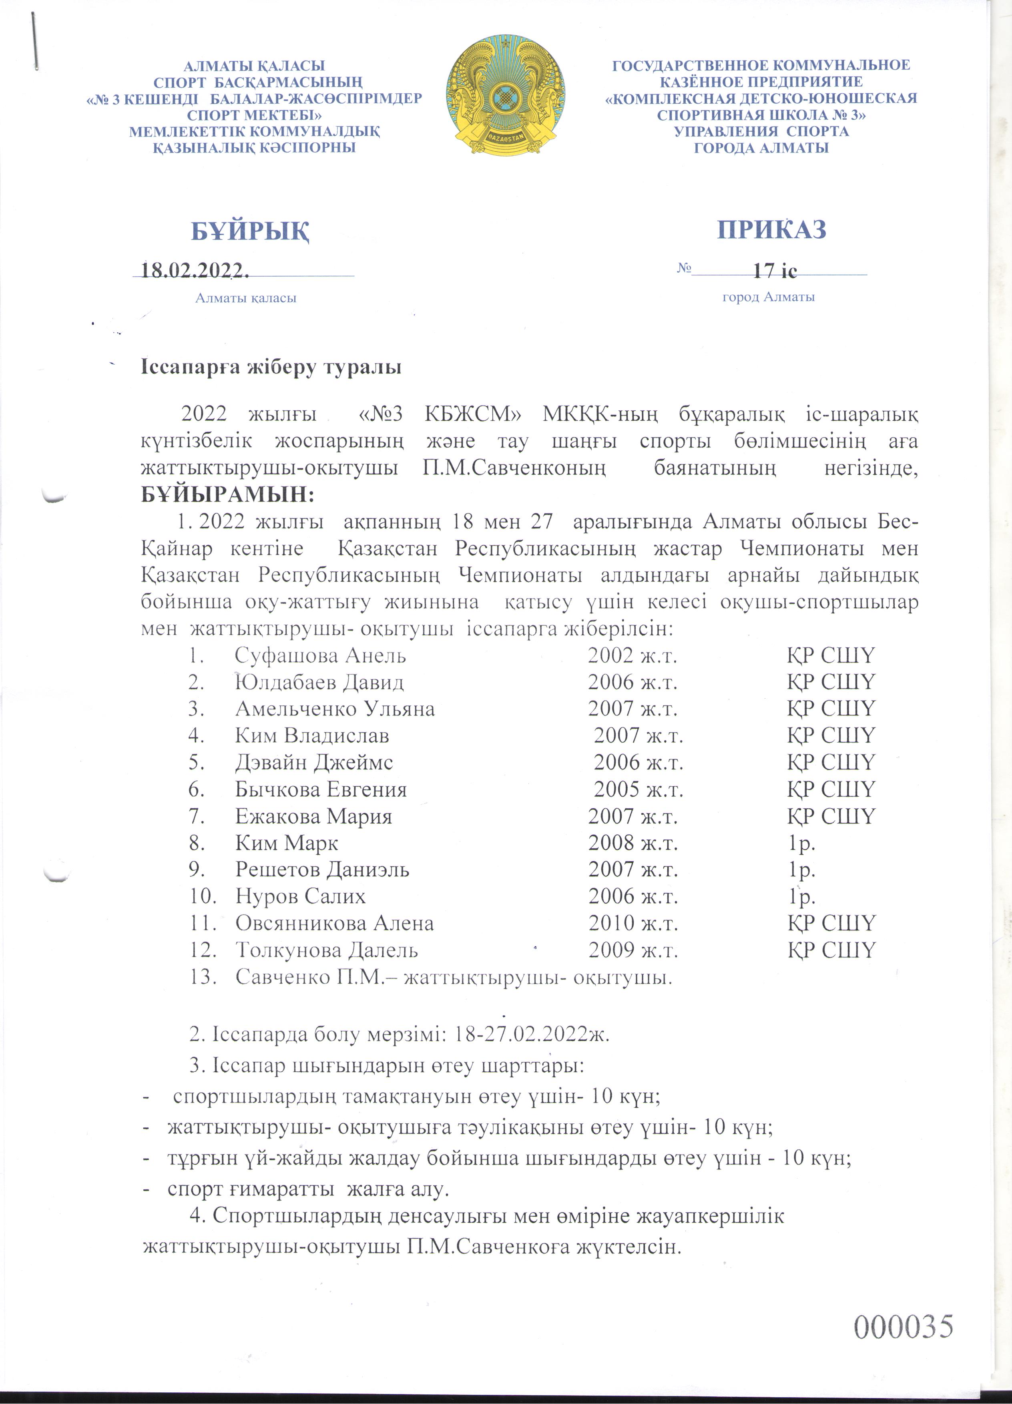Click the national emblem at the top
pos(505,95)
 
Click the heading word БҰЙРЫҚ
pos(250,231)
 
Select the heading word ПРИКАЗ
pos(772,229)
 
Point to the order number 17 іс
pos(774,271)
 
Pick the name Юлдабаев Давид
pos(319,682)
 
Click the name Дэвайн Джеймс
pos(314,762)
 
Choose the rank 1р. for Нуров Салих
pos(801,896)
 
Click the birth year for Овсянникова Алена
pos(632,923)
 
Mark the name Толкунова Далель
pos(326,950)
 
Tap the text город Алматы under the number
pos(768,297)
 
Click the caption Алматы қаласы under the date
pos(246,298)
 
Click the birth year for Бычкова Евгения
pos(638,789)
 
